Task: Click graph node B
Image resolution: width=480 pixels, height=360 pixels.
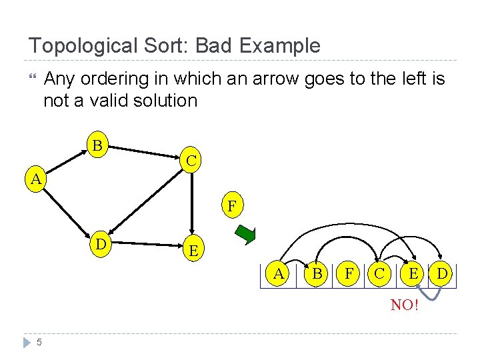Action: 97,145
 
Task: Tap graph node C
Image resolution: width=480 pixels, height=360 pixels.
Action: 191,161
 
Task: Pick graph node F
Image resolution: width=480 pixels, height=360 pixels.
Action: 231,206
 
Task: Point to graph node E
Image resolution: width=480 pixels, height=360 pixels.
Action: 193,251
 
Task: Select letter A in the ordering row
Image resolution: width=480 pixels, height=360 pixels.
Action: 278,273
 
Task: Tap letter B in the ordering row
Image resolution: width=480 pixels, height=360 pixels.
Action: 317,273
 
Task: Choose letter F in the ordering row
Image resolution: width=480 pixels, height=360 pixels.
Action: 347,273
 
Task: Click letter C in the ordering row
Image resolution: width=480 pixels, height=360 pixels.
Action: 379,273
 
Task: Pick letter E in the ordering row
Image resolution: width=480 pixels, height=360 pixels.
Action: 413,273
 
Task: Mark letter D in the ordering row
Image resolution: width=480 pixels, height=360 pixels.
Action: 443,273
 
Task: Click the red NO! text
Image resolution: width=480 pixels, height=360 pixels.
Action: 405,305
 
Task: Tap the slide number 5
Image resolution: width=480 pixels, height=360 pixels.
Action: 39,343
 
